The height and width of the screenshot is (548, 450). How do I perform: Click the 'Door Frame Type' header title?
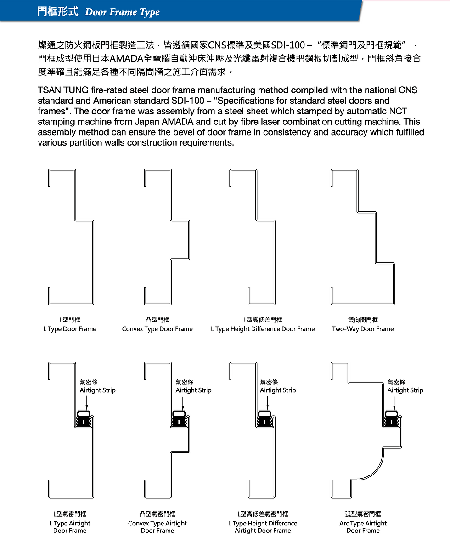coord(123,12)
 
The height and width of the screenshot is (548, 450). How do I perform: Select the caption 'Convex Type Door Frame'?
coord(157,329)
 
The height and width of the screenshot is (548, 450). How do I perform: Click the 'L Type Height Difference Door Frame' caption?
coord(263,329)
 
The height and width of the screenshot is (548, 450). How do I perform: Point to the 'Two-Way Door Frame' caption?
coord(363,329)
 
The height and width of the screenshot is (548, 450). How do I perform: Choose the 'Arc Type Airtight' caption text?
coord(363,523)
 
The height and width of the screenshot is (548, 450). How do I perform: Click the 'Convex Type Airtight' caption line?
coord(157,523)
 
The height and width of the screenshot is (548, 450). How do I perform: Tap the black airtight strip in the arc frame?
coord(392,418)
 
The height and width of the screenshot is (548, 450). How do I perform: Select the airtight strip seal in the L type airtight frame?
coord(84,418)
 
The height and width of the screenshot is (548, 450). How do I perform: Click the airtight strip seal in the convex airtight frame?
coord(180,418)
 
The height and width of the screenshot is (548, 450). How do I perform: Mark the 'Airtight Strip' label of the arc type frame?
coord(405,390)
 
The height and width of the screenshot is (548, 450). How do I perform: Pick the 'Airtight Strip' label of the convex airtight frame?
coord(193,390)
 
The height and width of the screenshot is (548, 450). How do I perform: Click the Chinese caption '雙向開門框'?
coord(363,320)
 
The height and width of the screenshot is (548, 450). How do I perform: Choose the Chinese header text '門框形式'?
coord(58,11)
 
